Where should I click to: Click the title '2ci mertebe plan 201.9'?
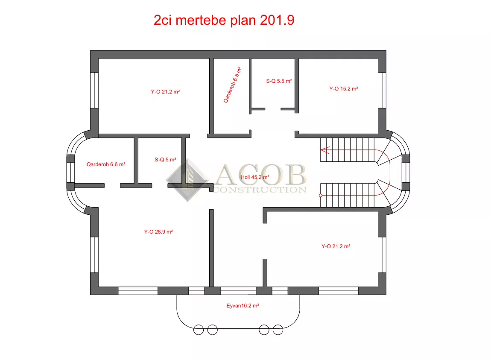click(224, 20)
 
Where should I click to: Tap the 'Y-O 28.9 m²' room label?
click(158, 232)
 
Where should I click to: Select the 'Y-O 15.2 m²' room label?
click(344, 89)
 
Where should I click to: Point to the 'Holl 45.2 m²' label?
click(255, 177)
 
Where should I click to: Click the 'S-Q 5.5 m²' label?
click(279, 81)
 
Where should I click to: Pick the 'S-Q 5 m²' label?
click(165, 159)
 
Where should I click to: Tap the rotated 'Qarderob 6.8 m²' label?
click(232, 85)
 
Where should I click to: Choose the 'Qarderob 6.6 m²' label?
click(106, 164)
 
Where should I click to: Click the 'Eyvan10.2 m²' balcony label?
click(243, 305)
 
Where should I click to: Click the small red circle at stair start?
click(321, 196)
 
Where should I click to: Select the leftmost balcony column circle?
click(199, 330)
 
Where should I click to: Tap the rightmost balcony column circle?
click(278, 330)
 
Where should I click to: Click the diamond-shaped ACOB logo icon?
click(187, 180)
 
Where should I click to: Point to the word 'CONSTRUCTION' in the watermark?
click(260, 190)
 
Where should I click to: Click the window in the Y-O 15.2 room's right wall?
click(382, 90)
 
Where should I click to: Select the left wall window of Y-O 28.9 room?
click(94, 255)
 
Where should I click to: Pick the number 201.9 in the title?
click(277, 20)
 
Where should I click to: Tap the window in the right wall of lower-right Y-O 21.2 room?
click(382, 255)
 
